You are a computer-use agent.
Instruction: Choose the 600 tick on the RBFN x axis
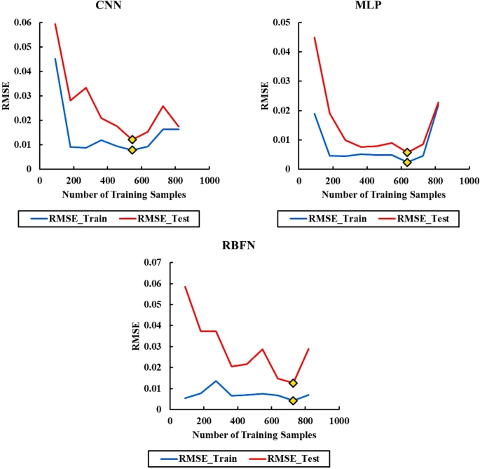(271, 421)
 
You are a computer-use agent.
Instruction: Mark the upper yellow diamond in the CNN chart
(132, 140)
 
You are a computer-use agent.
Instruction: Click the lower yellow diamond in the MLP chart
(407, 163)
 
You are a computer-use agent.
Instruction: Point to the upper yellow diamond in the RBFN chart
(293, 383)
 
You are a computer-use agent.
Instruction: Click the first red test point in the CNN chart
(55, 24)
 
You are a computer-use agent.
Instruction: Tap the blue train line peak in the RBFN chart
(216, 381)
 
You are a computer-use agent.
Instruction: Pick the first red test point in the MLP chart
(315, 38)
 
